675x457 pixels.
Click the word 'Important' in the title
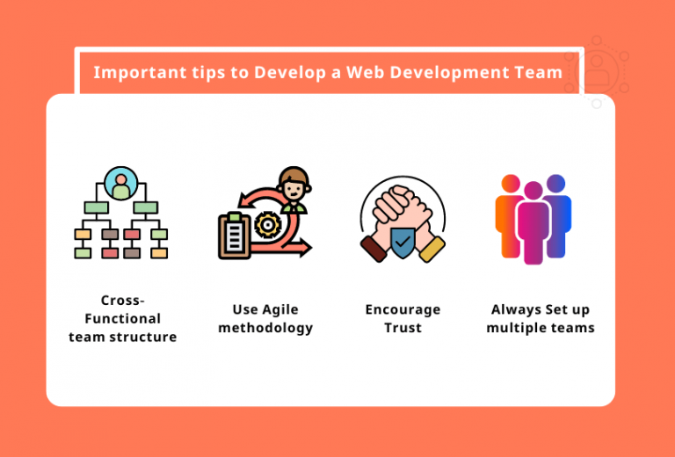(x=130, y=72)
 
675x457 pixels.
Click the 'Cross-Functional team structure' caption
(x=122, y=319)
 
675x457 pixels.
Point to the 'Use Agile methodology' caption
(x=265, y=319)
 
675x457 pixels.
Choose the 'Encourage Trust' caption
(x=403, y=319)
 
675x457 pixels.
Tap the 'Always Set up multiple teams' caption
(x=541, y=319)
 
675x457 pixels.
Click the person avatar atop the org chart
(x=120, y=185)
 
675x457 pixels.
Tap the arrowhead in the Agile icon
(x=305, y=249)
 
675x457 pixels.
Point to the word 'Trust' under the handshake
(x=403, y=329)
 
